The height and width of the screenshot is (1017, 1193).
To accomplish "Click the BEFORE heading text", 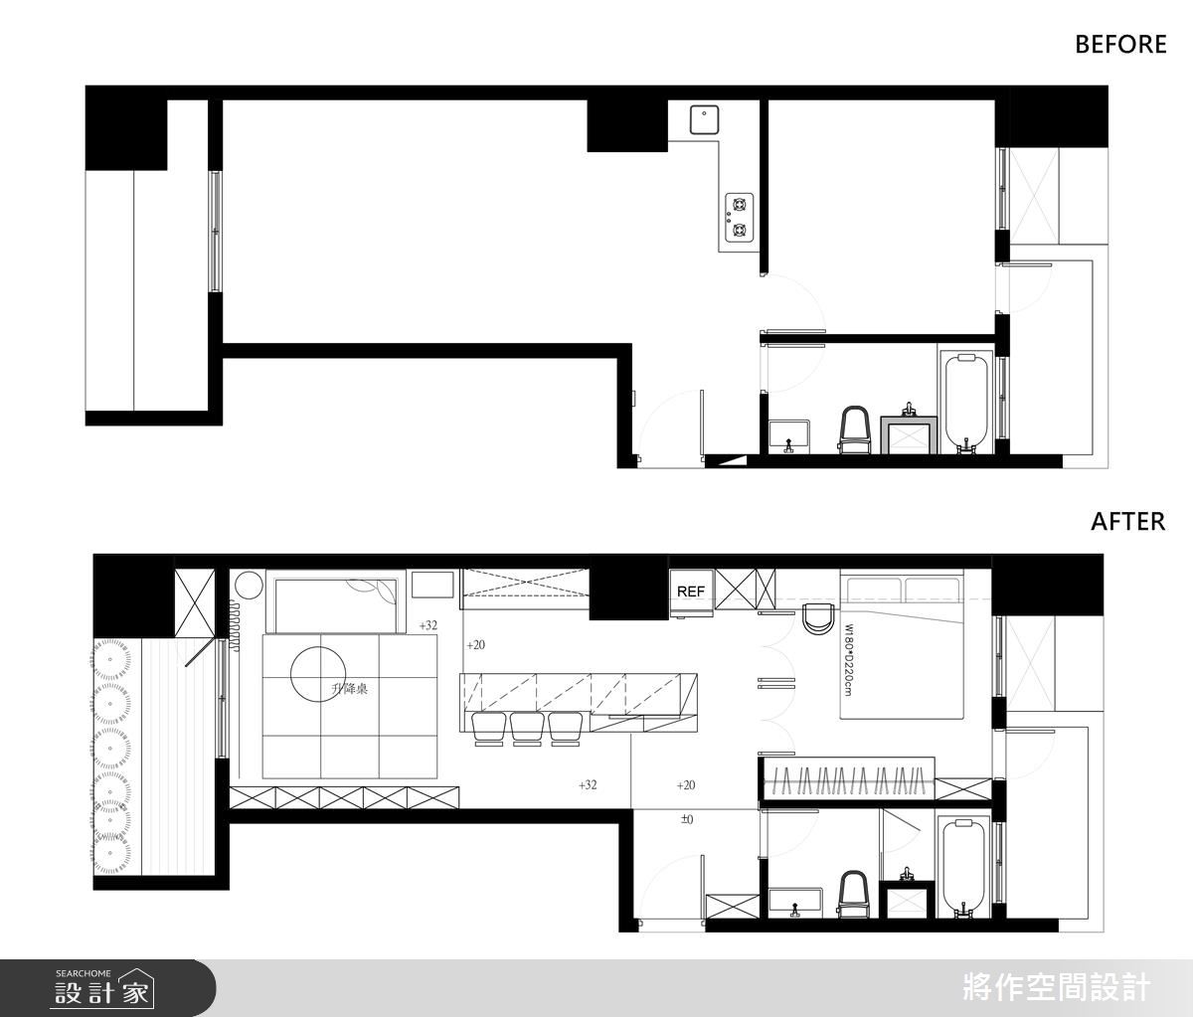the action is coord(1120,45).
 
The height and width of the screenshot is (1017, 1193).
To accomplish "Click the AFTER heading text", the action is coord(1127,522).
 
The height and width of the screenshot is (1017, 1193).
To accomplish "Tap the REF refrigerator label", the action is coord(690,592).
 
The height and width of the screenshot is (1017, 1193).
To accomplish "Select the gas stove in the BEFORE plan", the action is coord(740,217).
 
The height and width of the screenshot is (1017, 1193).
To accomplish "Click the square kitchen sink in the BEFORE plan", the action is coord(704,119).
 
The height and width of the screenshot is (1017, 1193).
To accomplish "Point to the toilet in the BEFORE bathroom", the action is coord(854,429).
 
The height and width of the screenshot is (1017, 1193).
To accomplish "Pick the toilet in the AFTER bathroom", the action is coord(853,894).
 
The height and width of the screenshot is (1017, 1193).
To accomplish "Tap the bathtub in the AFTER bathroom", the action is coord(963,869).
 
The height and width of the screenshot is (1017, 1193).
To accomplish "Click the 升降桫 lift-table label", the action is coord(349,689).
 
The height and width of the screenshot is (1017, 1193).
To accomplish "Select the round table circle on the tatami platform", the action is coord(318,674).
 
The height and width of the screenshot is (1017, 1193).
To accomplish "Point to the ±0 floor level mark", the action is coord(687,819).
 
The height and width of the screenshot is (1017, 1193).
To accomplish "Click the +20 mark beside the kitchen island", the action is coord(475,645).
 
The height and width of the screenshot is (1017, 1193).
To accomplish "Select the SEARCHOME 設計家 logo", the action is coord(103,988).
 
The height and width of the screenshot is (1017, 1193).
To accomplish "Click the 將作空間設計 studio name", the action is coord(1056,987).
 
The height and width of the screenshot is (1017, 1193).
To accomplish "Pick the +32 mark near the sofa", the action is coord(428,625).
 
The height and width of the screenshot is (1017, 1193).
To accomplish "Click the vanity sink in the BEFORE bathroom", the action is coord(909,431).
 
